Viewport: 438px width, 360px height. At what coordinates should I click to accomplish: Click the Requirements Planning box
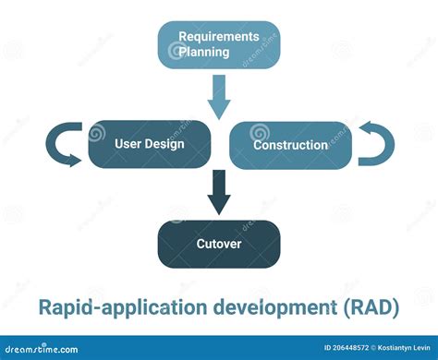[218, 45]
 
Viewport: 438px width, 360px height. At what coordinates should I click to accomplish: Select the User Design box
[149, 144]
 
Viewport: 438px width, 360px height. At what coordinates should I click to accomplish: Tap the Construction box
[289, 145]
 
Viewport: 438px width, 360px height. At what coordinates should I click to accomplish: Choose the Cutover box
[218, 244]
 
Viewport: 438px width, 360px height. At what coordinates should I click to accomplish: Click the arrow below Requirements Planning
[219, 97]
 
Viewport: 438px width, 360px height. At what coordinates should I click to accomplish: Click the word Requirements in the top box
[218, 37]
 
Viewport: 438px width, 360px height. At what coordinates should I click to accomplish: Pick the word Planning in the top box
[204, 53]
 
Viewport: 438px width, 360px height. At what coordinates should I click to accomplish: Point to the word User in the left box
[128, 144]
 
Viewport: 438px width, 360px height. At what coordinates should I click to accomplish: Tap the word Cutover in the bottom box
[218, 244]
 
